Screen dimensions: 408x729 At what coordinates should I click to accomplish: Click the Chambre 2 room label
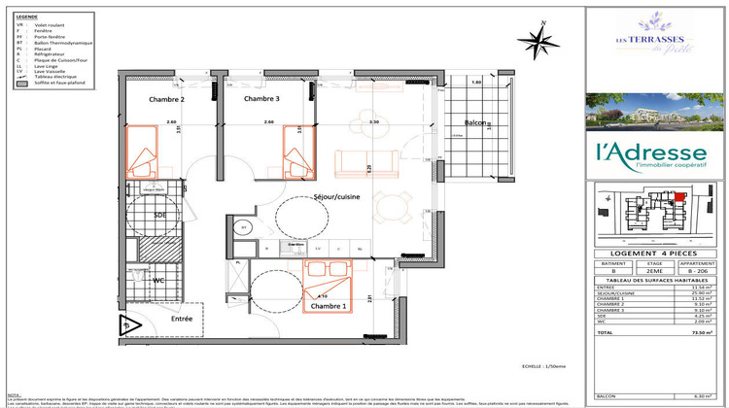[167, 100]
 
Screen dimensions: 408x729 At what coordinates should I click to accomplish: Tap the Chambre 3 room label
[261, 99]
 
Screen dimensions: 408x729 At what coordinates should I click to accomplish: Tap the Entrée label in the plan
[182, 318]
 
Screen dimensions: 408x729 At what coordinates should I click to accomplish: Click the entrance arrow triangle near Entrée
[125, 326]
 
